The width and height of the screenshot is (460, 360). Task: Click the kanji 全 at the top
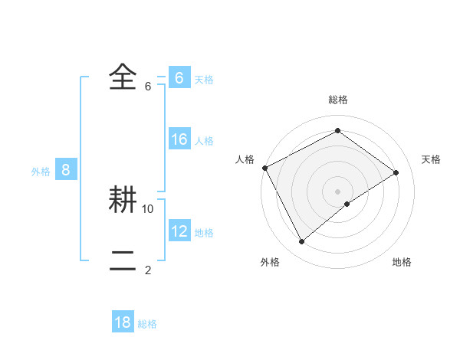click(x=123, y=77)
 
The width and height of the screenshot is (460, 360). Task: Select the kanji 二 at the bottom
click(x=123, y=260)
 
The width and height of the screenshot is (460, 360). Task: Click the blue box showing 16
click(x=179, y=139)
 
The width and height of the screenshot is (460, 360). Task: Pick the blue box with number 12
click(x=179, y=231)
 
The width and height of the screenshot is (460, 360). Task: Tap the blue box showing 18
click(x=123, y=322)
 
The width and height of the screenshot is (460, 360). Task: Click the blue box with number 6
click(x=179, y=78)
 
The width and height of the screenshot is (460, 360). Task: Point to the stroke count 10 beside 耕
click(x=148, y=208)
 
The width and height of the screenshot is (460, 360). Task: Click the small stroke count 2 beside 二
click(x=148, y=270)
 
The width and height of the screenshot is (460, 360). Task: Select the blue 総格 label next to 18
click(x=147, y=324)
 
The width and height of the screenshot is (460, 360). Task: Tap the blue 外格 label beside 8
click(x=41, y=172)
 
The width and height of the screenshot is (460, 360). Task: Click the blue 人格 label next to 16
click(x=204, y=141)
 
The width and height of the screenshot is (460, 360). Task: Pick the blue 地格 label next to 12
click(x=204, y=233)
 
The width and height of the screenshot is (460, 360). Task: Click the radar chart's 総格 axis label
click(x=337, y=100)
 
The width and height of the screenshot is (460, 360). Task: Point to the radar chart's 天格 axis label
click(x=432, y=159)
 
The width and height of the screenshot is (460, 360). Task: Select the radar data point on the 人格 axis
click(x=264, y=168)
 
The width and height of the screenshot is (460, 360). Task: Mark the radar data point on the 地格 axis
click(x=347, y=204)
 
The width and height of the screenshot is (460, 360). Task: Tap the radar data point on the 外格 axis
click(x=302, y=242)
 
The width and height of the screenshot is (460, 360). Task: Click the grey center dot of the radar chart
click(x=337, y=191)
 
